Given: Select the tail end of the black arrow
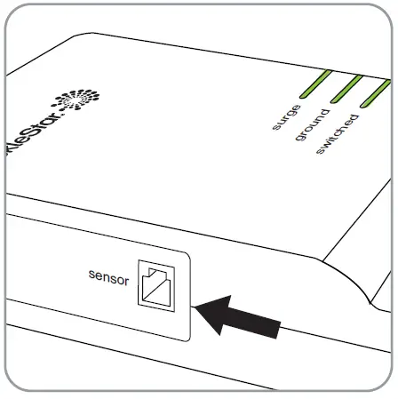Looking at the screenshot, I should point(283,331).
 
